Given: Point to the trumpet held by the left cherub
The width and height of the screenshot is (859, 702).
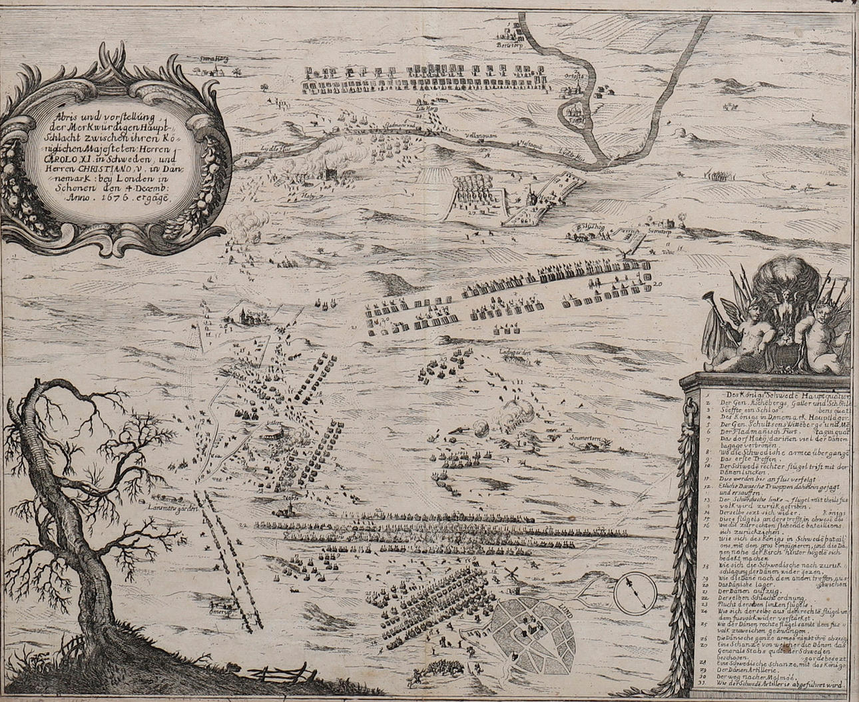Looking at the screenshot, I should [x=728, y=299].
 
